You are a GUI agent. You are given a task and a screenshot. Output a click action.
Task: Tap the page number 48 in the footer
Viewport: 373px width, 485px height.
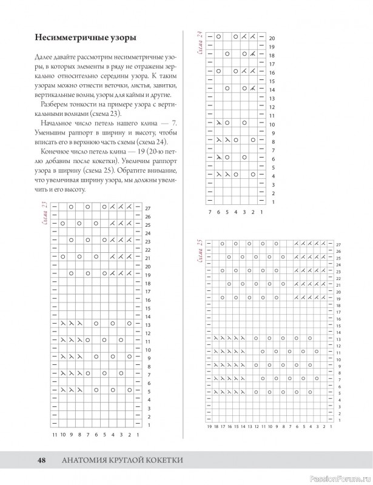(x=42, y=461)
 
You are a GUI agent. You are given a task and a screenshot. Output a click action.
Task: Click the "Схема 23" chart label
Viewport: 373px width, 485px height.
(x=45, y=216)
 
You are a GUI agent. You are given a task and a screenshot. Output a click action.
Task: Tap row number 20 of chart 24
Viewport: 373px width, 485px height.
(x=272, y=38)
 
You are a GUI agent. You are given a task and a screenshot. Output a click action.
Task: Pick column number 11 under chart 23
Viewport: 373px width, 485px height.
(x=55, y=434)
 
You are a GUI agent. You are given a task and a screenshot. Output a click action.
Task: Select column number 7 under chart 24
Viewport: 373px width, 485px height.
(x=210, y=212)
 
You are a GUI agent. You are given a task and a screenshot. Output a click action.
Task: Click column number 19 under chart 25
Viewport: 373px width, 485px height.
(x=210, y=427)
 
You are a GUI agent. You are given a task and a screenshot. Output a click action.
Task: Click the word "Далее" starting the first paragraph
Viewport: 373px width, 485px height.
(x=45, y=56)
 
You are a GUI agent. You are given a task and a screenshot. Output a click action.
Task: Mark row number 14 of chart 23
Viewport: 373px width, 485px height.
(x=147, y=316)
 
